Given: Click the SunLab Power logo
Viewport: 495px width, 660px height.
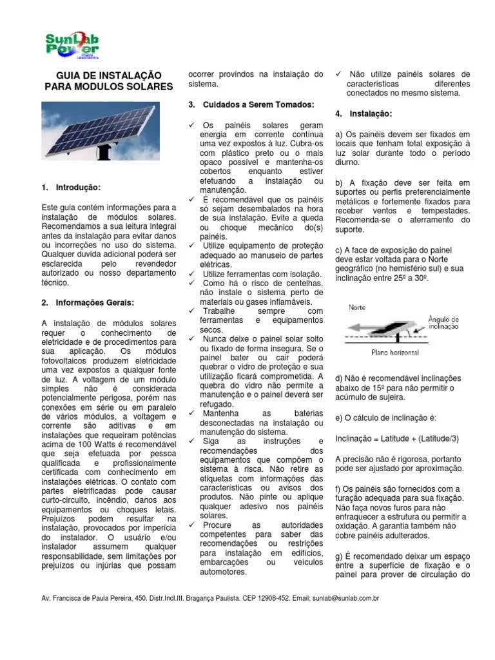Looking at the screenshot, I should click(71, 45).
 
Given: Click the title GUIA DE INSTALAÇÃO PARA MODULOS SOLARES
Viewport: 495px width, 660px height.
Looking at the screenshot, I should click(108, 81).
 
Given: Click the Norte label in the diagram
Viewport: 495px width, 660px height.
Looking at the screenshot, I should click(358, 307).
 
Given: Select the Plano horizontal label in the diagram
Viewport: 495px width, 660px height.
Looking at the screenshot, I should click(395, 353).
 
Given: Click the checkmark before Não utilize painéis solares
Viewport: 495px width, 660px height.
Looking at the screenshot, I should click(339, 74).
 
